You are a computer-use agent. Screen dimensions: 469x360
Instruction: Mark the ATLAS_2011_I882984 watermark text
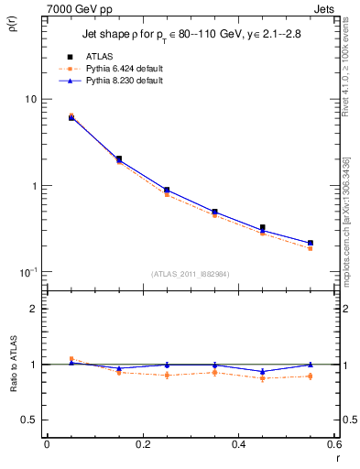point(190,274)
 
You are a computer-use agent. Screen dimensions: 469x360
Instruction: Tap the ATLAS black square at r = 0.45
point(263,227)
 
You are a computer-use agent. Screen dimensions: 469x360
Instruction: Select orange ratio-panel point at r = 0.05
point(71,359)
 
